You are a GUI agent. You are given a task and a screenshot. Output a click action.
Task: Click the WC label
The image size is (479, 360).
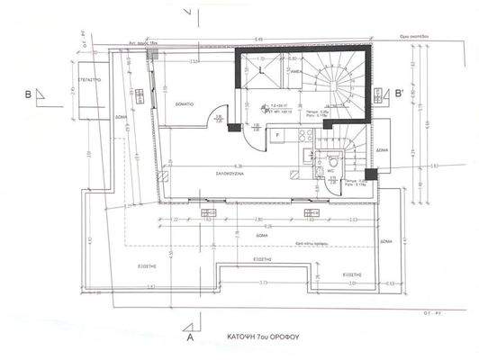coord(330,170)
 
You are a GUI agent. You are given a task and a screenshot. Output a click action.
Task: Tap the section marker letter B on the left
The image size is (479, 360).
coord(29,93)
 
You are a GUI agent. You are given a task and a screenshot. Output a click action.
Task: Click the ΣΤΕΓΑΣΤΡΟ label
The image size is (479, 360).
coord(87,80)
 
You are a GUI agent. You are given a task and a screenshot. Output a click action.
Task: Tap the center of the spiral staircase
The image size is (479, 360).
coord(340,82)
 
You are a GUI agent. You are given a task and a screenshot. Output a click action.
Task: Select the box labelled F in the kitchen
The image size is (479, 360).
coord(277,136)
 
